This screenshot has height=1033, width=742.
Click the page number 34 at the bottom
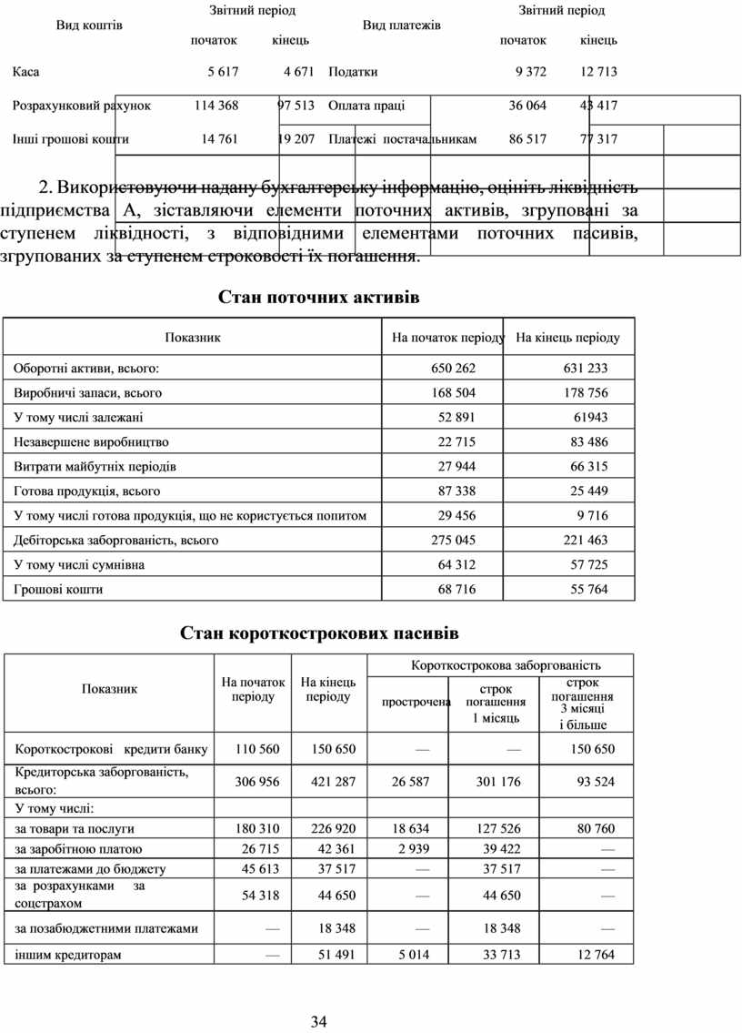(x=318, y=1021)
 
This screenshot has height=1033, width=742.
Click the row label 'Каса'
(x=25, y=71)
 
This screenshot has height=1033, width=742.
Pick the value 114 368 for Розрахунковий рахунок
(x=216, y=106)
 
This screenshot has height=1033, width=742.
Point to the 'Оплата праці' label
(x=366, y=106)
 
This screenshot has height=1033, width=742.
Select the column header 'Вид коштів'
(x=90, y=25)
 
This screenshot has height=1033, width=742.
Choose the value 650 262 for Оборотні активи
(x=453, y=369)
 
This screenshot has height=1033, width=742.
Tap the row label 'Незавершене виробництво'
(x=91, y=442)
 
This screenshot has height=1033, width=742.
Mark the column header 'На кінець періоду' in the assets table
(x=567, y=338)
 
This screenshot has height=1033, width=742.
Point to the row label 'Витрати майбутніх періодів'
(x=95, y=467)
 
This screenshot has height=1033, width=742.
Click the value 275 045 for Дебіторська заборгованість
(x=453, y=541)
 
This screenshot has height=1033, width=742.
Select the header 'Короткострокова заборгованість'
(x=506, y=665)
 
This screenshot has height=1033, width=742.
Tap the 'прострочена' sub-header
(x=416, y=702)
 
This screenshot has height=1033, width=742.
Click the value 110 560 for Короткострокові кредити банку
(x=257, y=750)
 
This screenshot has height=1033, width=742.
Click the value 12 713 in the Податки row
(x=598, y=71)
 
